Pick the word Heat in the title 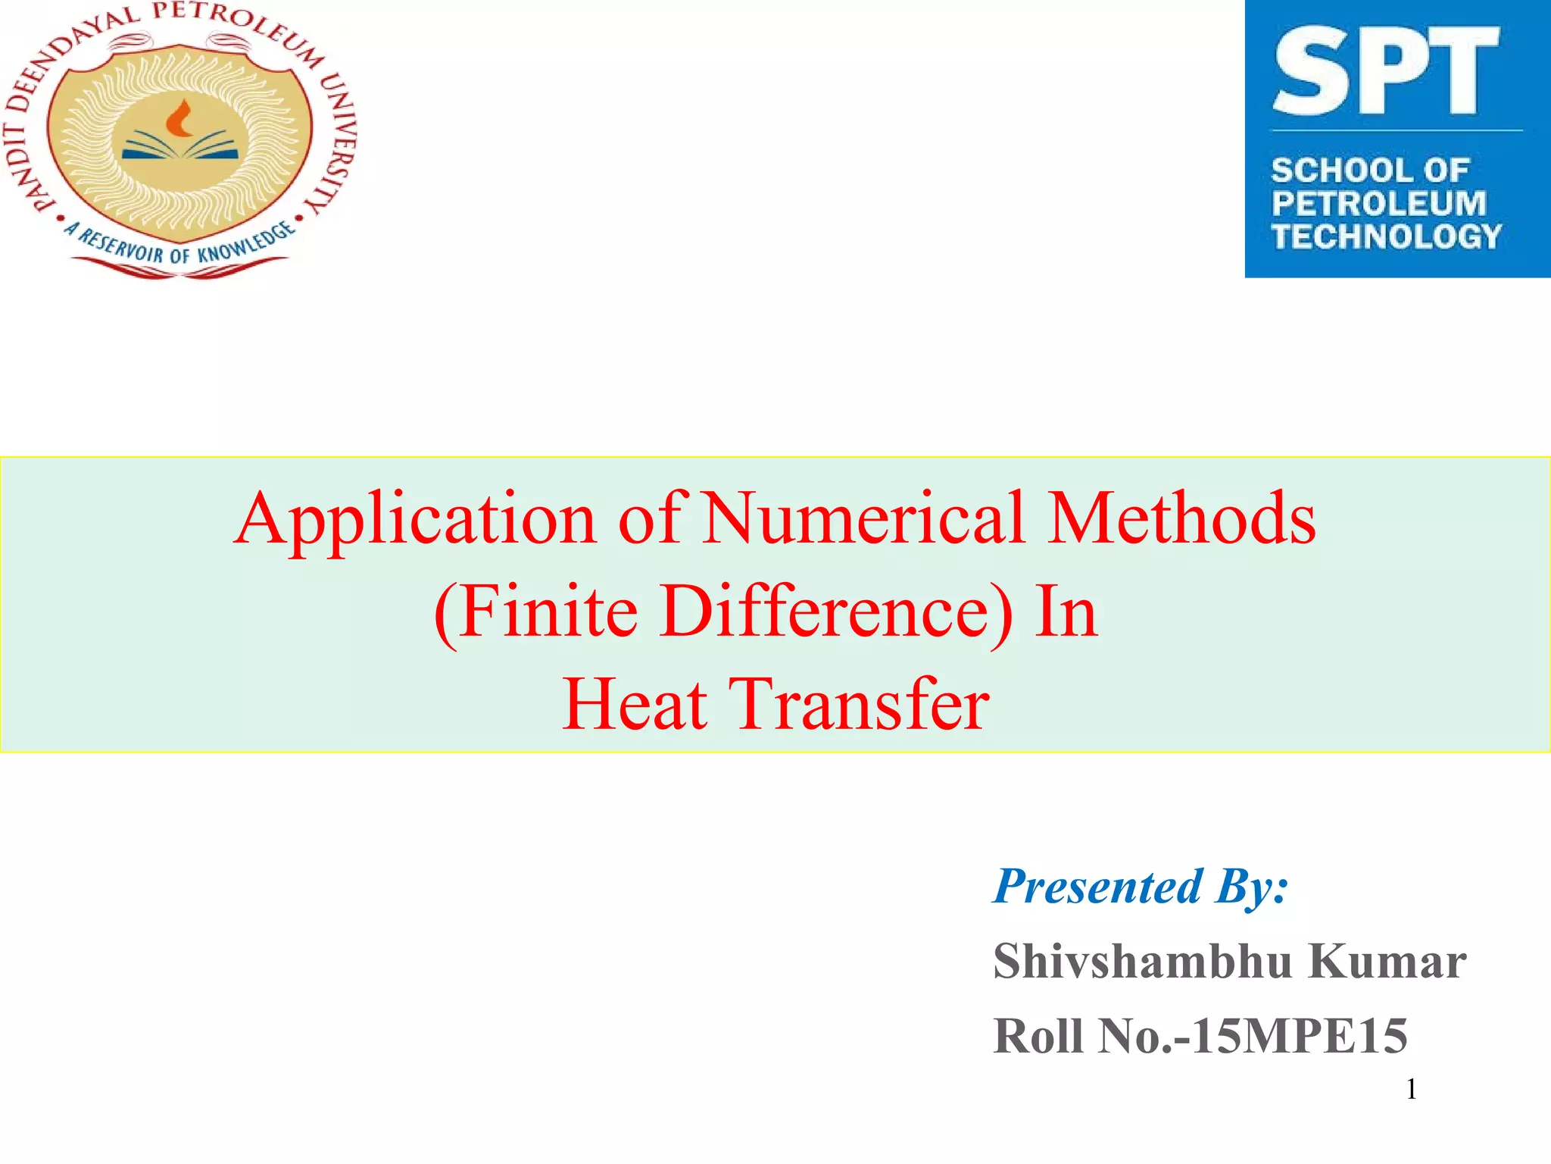coord(635,704)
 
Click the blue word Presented coord(1098,886)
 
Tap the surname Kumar coord(1387,961)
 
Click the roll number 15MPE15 coord(1300,1036)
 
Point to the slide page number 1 coord(1411,1089)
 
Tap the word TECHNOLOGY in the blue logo coord(1386,236)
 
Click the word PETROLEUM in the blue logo coord(1379,203)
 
